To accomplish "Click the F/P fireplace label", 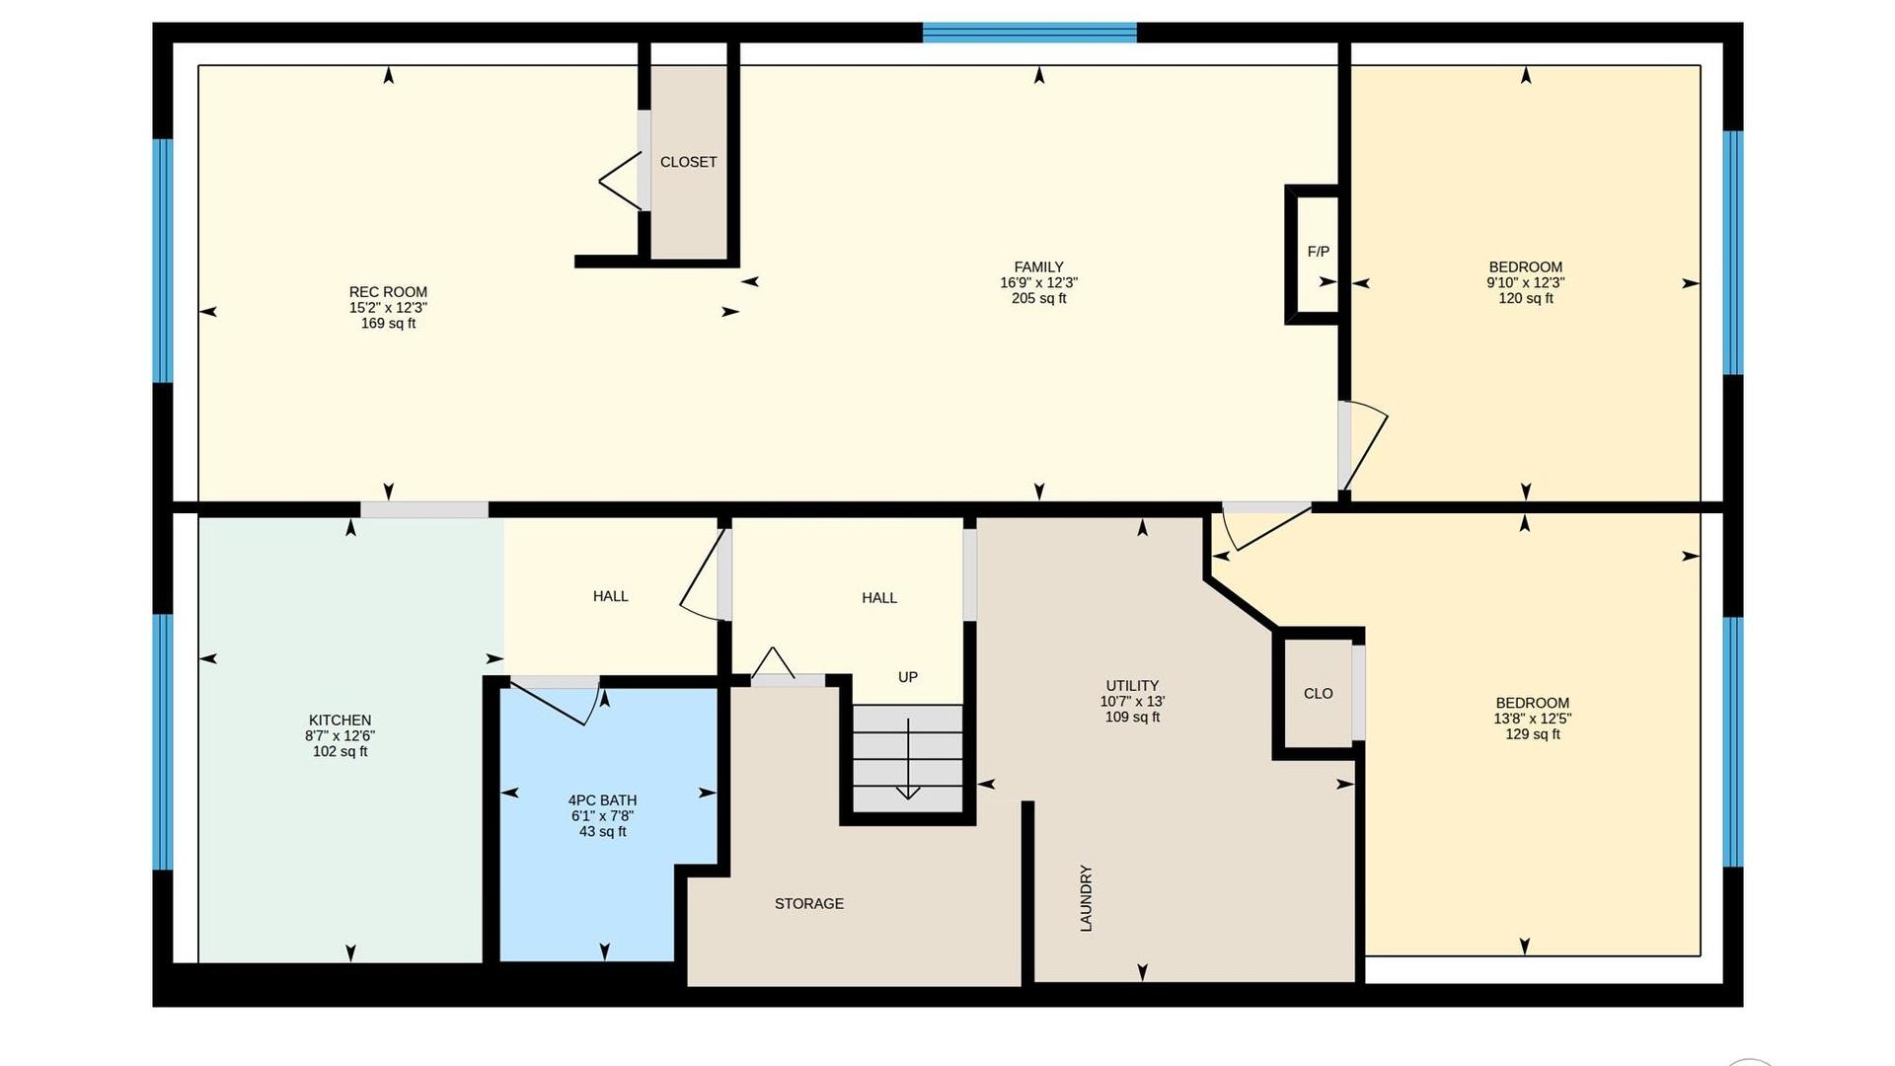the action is [1318, 252].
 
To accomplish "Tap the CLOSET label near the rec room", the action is [688, 162].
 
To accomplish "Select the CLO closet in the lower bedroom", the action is [1318, 693].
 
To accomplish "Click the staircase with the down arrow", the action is [907, 757].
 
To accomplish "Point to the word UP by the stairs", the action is [908, 677].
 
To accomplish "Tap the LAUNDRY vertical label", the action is [1086, 898].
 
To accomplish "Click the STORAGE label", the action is [809, 903].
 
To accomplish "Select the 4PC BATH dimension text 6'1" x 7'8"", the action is [602, 816].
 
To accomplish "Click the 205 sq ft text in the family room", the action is [1038, 298].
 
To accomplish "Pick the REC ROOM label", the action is [388, 292].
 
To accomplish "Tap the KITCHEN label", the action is [340, 721].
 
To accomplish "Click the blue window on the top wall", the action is [1029, 33].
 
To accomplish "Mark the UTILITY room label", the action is [1132, 686].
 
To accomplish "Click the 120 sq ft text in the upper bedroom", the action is [1526, 298].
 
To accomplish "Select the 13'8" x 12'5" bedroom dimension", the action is [1532, 719].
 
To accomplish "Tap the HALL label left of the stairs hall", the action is [610, 596].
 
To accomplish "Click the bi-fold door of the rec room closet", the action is [621, 182].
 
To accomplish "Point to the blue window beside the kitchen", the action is [163, 742].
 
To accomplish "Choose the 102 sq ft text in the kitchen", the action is [340, 751].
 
